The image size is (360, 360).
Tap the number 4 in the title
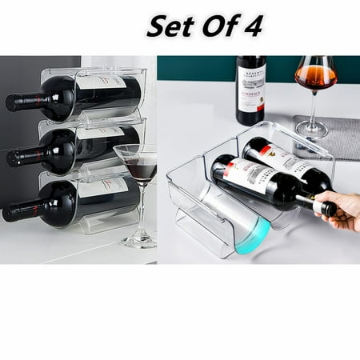(x=258, y=26)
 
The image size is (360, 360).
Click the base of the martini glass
(x=137, y=242)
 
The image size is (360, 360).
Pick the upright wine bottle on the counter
(x=250, y=90)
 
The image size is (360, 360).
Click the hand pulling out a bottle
(x=342, y=210)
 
